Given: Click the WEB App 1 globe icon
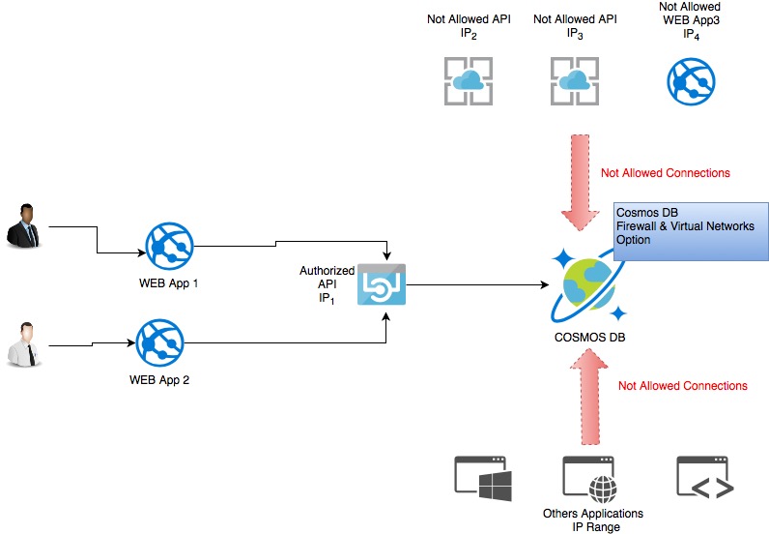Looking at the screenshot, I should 169,248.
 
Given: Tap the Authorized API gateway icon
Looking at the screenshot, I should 383,285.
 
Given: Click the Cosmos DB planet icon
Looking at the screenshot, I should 588,282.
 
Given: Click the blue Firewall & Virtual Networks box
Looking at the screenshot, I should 690,231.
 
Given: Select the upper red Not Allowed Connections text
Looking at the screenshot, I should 665,173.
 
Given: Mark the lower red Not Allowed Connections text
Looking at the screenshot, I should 682,386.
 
